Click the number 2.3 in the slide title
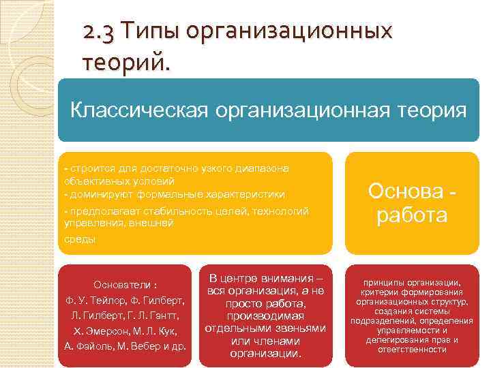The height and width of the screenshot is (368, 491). coord(99,33)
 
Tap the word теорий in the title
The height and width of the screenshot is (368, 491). coord(123,64)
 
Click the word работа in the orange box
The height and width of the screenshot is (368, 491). coord(411,216)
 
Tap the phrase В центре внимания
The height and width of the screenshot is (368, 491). coord(265,279)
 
